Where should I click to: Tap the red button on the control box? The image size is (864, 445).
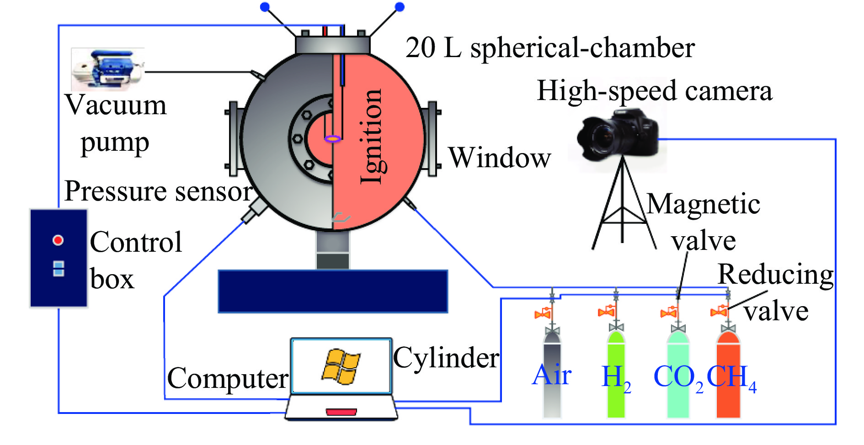[x=58, y=240]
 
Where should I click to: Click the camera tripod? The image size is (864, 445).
[x=623, y=206]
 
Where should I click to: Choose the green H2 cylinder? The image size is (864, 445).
[x=616, y=375]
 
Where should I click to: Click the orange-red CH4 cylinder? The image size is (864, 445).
[x=728, y=375]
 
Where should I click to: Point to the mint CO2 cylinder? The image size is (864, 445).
[x=678, y=375]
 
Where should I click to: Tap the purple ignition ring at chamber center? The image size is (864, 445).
[x=333, y=138]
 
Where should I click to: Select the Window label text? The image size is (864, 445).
[x=500, y=158]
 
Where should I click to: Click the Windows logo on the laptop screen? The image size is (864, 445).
[x=341, y=366]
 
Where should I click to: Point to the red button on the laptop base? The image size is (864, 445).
[x=341, y=412]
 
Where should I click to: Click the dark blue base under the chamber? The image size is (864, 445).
[x=333, y=291]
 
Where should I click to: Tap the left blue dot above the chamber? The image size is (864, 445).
[x=265, y=6]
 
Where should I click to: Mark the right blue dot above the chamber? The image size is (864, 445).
[x=399, y=6]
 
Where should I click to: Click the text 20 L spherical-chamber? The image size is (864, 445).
[x=550, y=48]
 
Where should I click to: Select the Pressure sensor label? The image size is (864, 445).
[x=158, y=191]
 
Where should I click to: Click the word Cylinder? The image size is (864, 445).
[x=446, y=358]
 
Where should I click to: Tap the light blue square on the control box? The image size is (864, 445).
[x=59, y=269]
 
